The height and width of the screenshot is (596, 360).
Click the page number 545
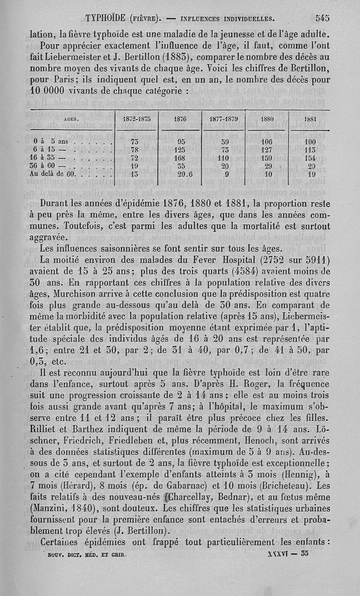[323, 18]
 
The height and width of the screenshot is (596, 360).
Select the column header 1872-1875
[137, 120]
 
